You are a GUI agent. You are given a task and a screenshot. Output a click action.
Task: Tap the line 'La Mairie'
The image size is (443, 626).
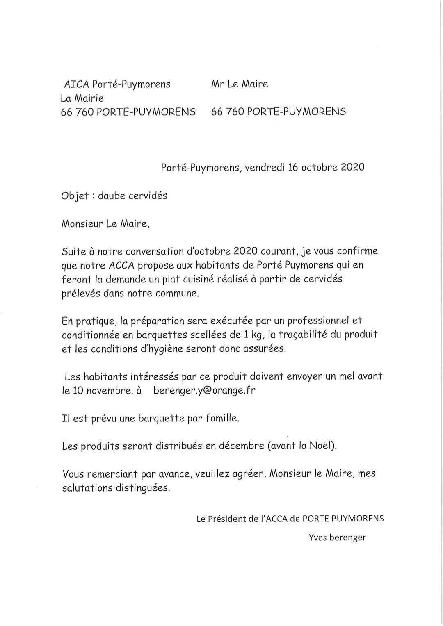82,98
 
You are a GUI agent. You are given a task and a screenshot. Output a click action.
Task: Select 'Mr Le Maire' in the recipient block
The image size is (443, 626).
240,84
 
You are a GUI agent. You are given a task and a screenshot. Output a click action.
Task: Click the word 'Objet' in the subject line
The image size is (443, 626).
75,196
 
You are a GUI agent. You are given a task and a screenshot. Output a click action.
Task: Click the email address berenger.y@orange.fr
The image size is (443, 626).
204,390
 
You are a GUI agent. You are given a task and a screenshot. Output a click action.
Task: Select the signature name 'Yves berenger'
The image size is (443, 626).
337,537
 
